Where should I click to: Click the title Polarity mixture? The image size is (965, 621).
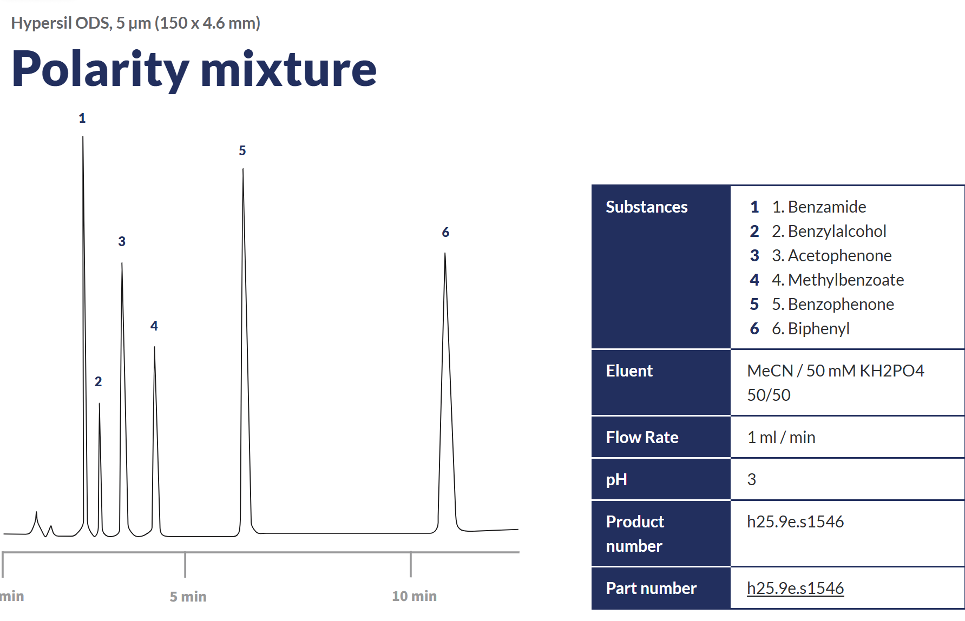click(x=194, y=69)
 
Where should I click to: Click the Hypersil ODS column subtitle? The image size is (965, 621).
click(x=136, y=23)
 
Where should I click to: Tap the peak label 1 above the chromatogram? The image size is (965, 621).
click(x=82, y=118)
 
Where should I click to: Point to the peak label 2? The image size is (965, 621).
click(x=98, y=382)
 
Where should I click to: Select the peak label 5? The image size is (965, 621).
click(x=242, y=151)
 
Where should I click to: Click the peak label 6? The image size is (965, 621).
click(x=445, y=233)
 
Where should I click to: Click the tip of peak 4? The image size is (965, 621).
click(x=154, y=347)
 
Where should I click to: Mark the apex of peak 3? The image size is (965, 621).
click(x=122, y=263)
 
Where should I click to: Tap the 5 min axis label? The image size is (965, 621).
click(x=188, y=597)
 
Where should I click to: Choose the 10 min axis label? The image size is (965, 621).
click(x=414, y=596)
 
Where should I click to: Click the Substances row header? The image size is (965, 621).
click(x=647, y=207)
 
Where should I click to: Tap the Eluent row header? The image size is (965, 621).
click(x=629, y=371)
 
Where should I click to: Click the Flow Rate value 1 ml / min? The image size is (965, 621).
click(x=781, y=437)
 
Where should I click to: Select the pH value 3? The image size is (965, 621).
click(x=752, y=479)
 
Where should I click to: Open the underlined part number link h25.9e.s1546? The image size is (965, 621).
click(x=796, y=588)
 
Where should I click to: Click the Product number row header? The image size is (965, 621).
click(x=635, y=534)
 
